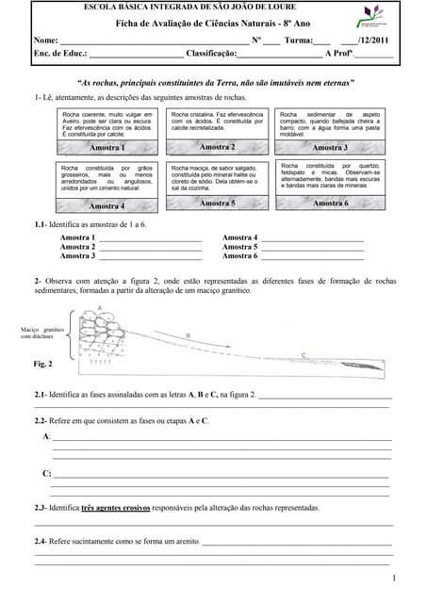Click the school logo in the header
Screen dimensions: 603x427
tap(371, 17)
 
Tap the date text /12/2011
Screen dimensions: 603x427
tap(373, 41)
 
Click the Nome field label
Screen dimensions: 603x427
tap(46, 41)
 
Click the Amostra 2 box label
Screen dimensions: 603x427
tap(217, 147)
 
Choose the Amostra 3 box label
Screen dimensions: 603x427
tap(330, 148)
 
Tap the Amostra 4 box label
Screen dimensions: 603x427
tap(107, 205)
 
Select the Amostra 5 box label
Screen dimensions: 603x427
tap(217, 203)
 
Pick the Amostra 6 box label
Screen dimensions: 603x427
tap(330, 203)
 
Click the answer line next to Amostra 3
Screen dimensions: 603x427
tap(150, 256)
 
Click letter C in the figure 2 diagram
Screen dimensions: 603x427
tap(303, 354)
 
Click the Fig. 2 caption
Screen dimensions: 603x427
tap(43, 363)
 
